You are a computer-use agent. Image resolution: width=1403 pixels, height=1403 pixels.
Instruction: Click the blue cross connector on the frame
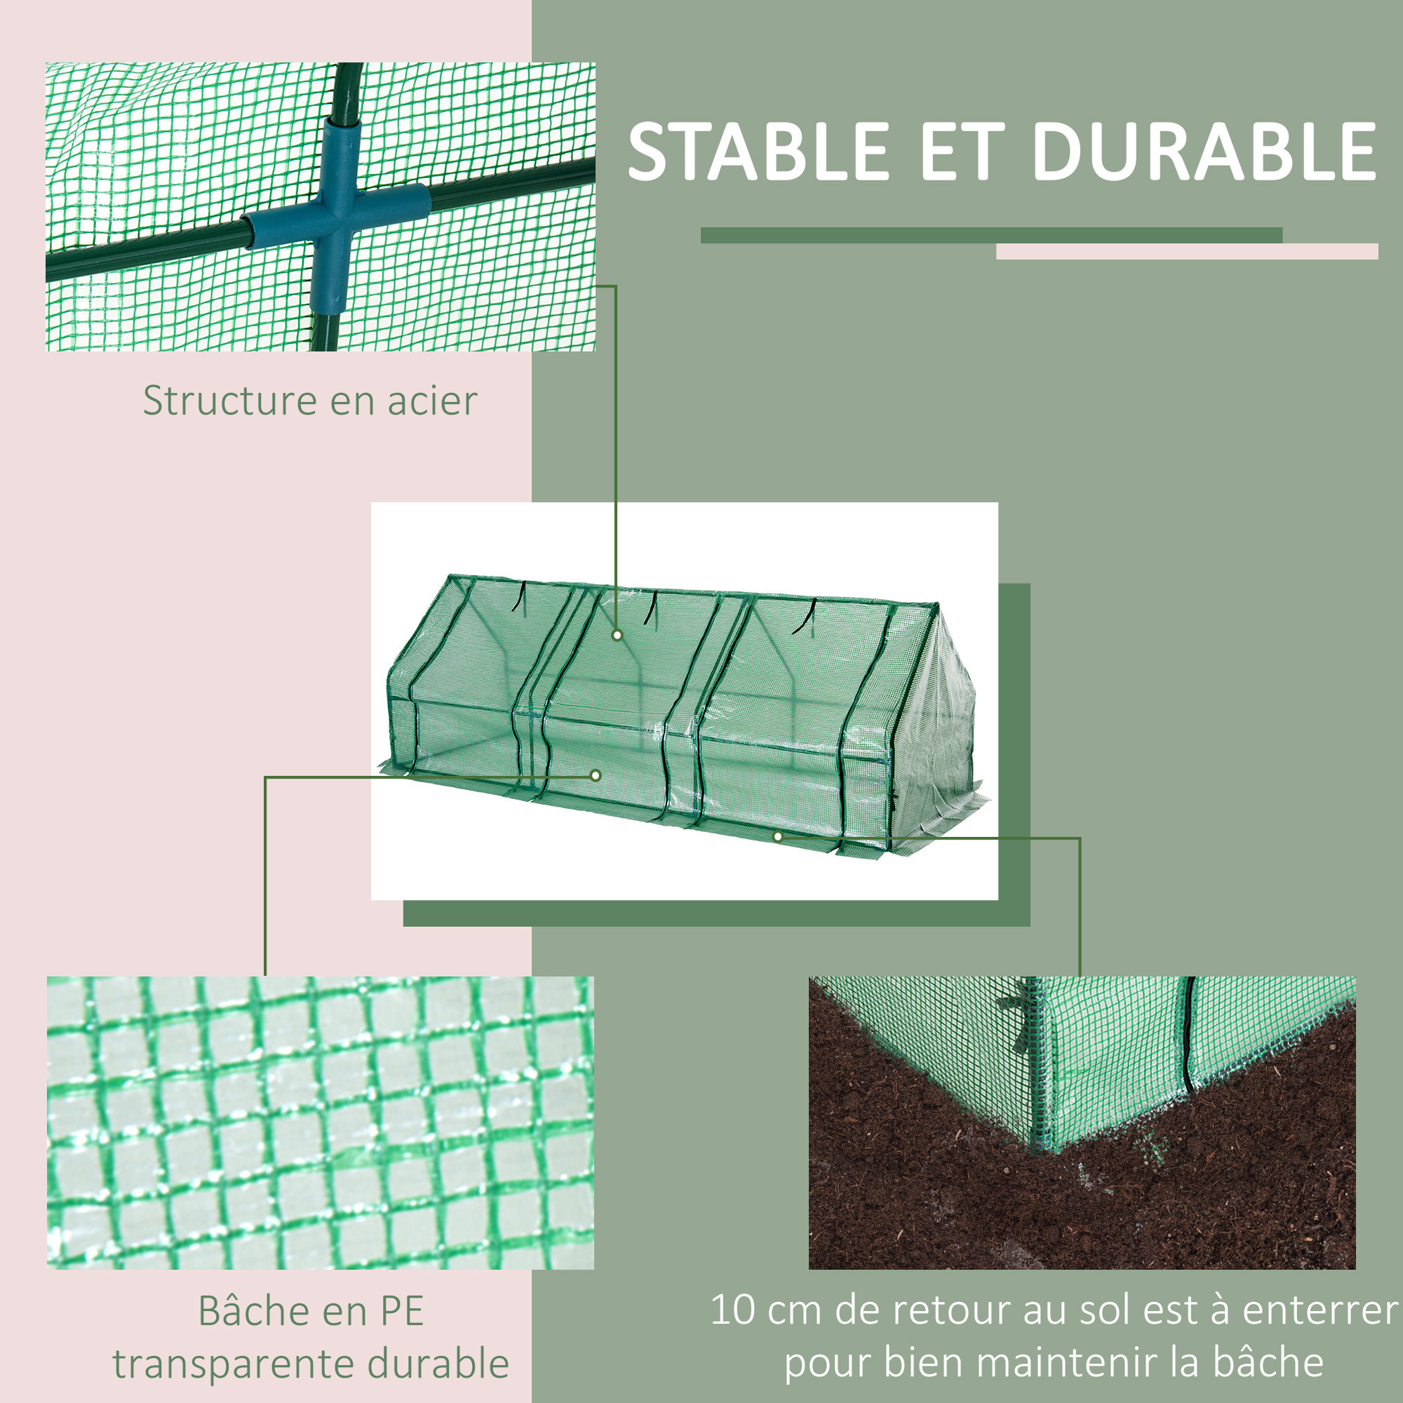pyautogui.click(x=335, y=215)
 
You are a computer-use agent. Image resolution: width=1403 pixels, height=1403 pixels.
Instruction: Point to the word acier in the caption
pyautogui.click(x=432, y=401)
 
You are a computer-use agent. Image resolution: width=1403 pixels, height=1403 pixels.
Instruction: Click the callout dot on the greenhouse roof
pyautogui.click(x=617, y=635)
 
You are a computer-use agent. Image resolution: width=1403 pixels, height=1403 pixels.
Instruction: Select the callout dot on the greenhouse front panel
pyautogui.click(x=596, y=776)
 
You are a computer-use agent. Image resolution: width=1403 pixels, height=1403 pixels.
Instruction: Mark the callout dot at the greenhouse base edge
pyautogui.click(x=778, y=837)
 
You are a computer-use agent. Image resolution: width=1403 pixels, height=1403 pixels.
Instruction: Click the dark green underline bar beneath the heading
pyautogui.click(x=991, y=235)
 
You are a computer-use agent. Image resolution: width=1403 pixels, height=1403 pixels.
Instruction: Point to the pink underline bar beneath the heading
pyautogui.click(x=1187, y=251)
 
